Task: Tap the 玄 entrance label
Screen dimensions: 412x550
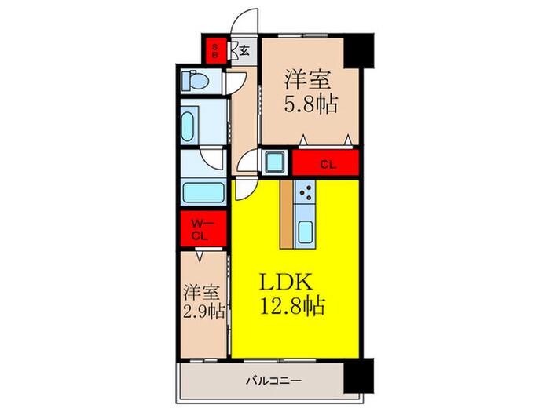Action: pos(244,52)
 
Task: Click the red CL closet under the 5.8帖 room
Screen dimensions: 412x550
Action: pos(326,165)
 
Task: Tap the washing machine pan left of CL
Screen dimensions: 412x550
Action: pos(276,163)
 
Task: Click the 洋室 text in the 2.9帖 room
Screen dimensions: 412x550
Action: pos(202,291)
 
